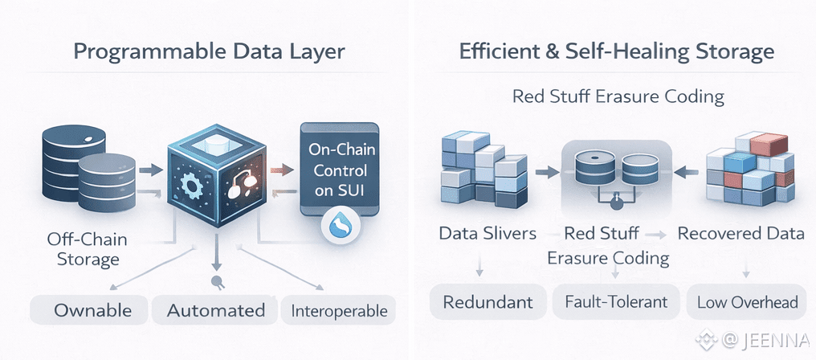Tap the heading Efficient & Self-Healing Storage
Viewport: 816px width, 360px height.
(x=616, y=53)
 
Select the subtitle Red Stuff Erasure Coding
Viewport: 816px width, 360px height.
(x=618, y=97)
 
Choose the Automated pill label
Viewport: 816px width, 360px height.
(x=215, y=310)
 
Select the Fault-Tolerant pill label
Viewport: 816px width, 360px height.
(x=616, y=303)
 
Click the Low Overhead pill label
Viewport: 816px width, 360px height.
(x=747, y=303)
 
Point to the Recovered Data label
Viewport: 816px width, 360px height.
(x=741, y=234)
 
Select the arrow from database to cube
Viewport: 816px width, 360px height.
(x=148, y=170)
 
